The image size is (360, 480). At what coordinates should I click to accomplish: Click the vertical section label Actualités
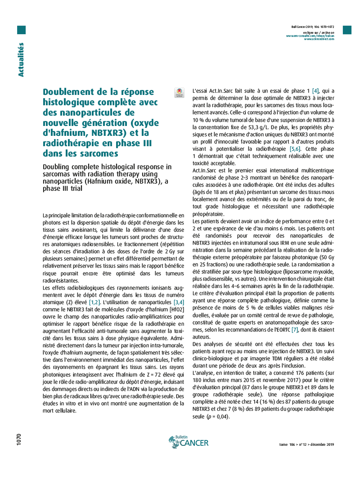(x=21, y=59)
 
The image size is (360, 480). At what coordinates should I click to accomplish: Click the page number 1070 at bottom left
(x=19, y=440)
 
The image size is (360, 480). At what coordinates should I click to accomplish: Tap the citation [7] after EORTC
(x=295, y=330)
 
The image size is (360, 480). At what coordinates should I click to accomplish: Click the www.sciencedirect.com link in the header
(x=319, y=39)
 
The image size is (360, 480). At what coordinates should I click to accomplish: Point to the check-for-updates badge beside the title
(x=179, y=93)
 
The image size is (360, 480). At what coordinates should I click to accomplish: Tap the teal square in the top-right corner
(x=347, y=30)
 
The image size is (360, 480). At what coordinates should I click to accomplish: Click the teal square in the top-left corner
(x=21, y=30)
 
